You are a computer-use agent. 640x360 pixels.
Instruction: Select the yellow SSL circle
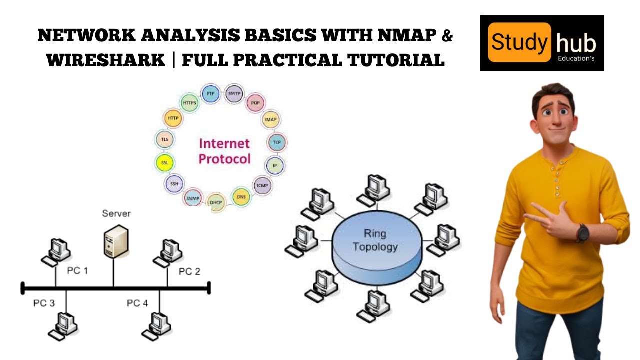pyautogui.click(x=164, y=162)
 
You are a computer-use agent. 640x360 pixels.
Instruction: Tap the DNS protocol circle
pyautogui.click(x=241, y=197)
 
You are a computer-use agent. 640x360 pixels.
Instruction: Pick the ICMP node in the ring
pyautogui.click(x=262, y=185)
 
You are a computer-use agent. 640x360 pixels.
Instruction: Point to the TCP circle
pyautogui.click(x=276, y=142)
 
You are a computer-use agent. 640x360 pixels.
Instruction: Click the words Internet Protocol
pyautogui.click(x=224, y=151)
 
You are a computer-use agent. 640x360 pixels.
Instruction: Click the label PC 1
pyautogui.click(x=77, y=271)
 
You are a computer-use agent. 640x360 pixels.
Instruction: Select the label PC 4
pyautogui.click(x=137, y=303)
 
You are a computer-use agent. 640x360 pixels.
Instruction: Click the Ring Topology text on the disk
pyautogui.click(x=375, y=240)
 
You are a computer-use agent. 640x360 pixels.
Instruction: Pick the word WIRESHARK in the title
pyautogui.click(x=106, y=60)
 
